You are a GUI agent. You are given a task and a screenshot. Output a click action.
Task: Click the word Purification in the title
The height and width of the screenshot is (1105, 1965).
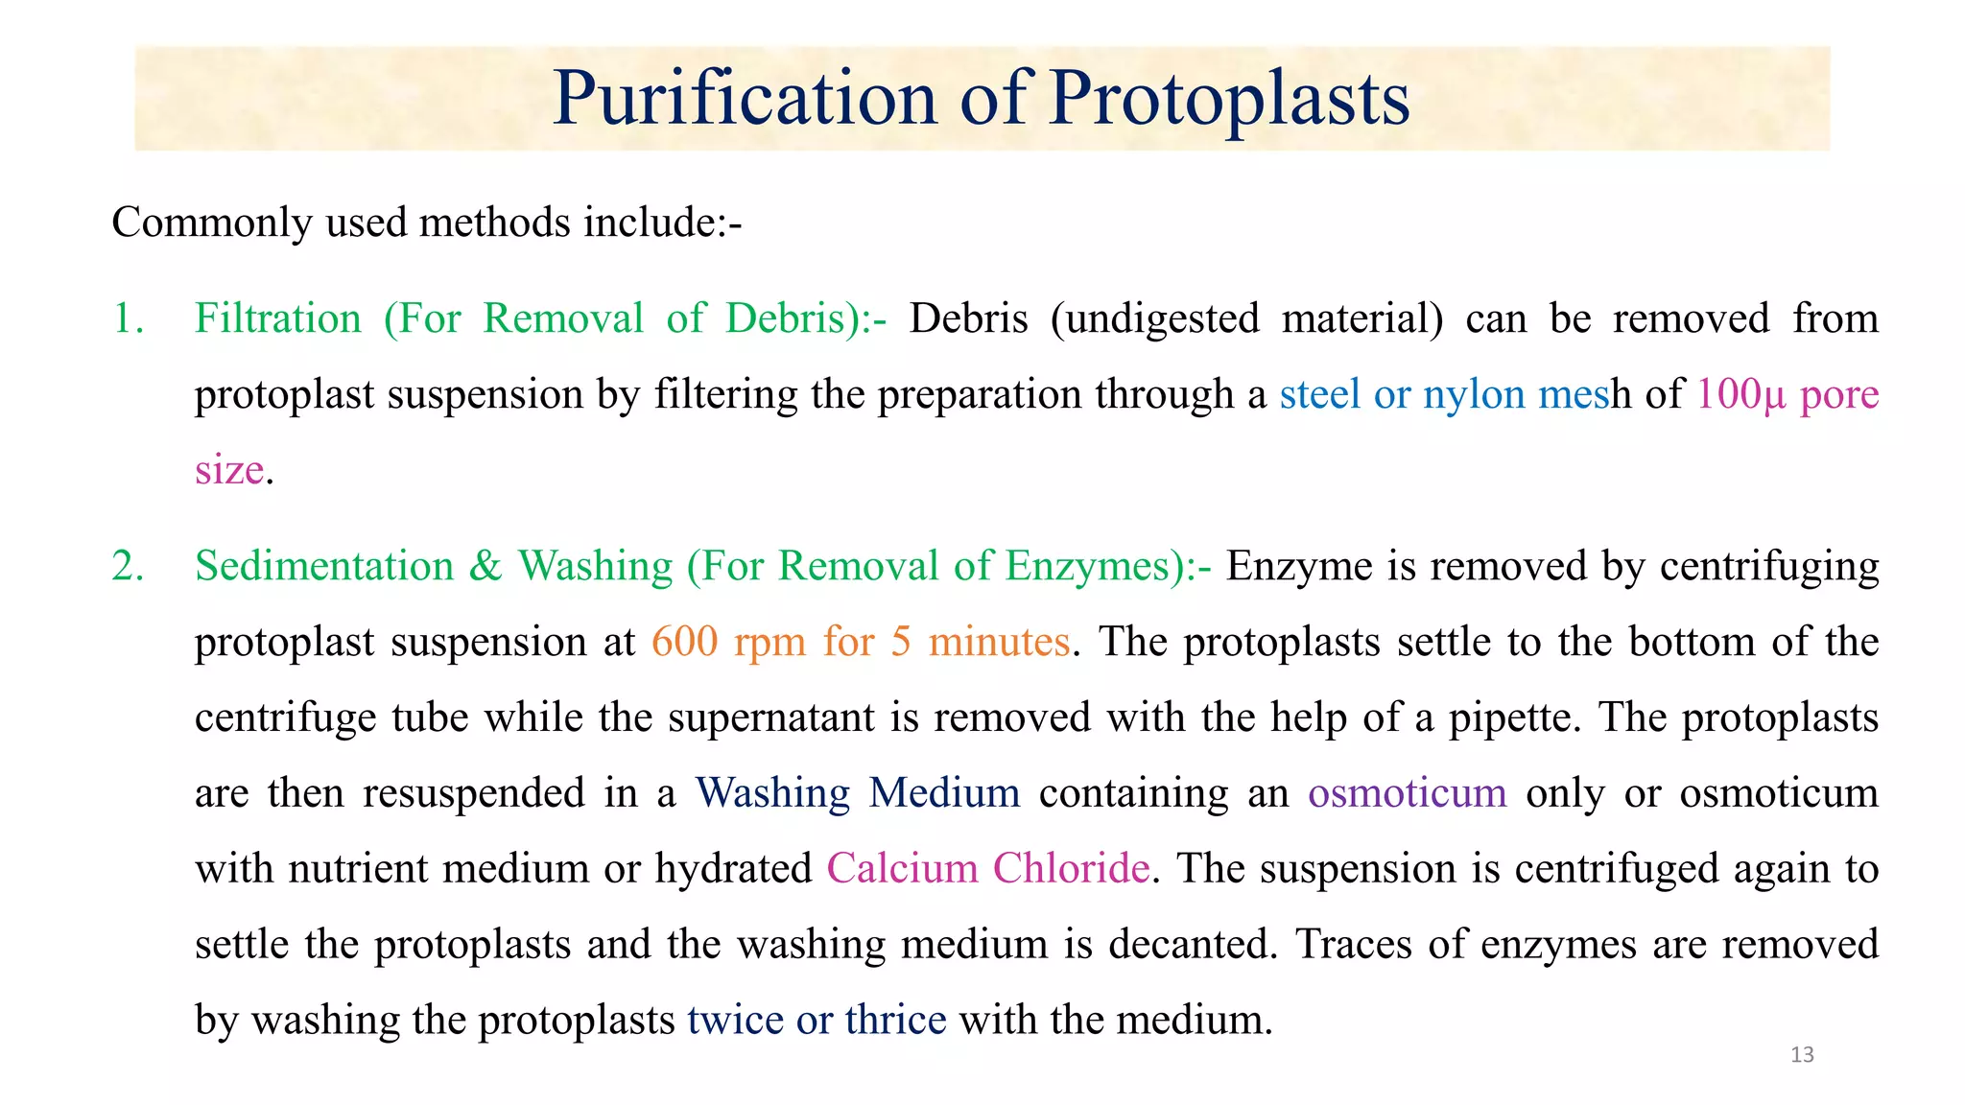coord(745,98)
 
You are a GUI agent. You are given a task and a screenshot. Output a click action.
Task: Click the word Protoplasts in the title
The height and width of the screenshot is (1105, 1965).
coord(1229,98)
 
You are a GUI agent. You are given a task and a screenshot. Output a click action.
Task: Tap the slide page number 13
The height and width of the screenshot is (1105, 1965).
coord(1802,1055)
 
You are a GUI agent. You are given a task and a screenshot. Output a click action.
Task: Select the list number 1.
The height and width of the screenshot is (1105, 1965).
coord(128,318)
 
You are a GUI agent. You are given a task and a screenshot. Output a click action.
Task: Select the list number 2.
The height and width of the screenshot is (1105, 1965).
coord(128,566)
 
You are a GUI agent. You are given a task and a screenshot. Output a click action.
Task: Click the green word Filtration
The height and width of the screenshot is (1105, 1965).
coord(278,318)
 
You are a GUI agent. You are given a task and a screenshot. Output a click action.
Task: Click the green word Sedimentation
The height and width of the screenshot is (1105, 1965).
coord(324,566)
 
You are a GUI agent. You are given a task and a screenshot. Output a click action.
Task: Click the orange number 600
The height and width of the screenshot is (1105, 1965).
coord(684,642)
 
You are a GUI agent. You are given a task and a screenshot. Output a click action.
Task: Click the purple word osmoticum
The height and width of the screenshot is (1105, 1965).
coord(1407,793)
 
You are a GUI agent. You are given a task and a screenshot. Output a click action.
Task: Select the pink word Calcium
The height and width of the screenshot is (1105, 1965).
coord(902,868)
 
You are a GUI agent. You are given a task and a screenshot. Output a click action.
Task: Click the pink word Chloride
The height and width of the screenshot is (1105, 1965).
coord(1071,868)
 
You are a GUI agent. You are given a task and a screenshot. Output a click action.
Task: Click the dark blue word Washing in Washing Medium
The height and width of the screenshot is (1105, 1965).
coord(772,793)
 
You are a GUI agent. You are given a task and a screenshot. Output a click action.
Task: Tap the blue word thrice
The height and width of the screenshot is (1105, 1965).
coord(895,1020)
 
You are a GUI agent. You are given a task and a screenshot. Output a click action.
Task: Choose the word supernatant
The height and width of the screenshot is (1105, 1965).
coord(771,717)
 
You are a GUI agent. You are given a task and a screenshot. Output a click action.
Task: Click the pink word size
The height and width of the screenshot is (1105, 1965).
coord(228,470)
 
